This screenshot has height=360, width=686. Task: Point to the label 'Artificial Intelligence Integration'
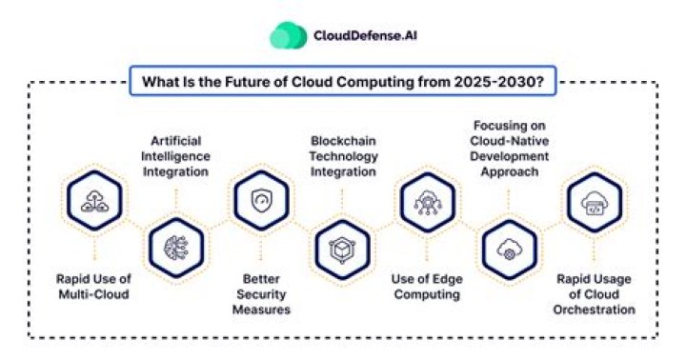coord(176,155)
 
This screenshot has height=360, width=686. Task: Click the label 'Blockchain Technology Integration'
coord(344,155)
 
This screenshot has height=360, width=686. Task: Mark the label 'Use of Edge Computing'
coord(426,285)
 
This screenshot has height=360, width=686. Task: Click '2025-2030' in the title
coord(506,82)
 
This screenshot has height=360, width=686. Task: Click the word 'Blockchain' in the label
coord(344,140)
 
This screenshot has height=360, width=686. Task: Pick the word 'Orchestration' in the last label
coord(594,310)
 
